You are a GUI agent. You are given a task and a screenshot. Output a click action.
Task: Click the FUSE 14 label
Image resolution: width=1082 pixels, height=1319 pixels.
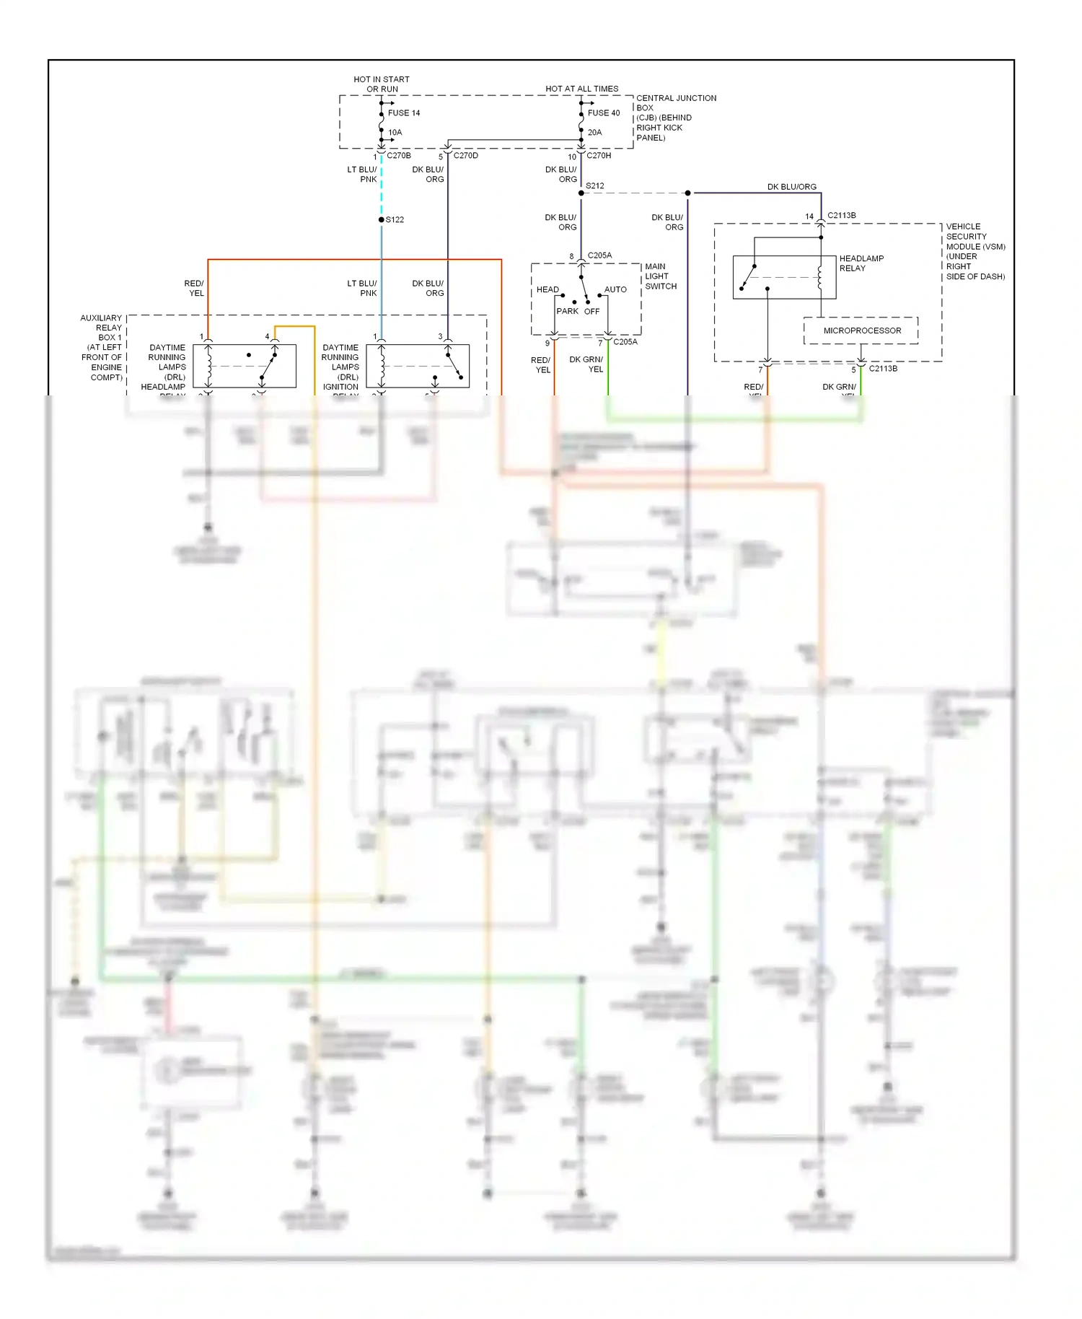tap(403, 113)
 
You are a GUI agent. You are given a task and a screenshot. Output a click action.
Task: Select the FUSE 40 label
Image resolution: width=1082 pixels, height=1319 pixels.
tap(603, 113)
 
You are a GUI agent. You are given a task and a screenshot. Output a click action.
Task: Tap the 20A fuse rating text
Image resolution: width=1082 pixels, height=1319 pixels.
tap(594, 133)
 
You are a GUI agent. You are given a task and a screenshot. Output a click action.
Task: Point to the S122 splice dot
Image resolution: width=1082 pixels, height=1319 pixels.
tap(382, 219)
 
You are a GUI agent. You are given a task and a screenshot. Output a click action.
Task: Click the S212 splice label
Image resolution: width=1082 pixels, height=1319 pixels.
tap(594, 186)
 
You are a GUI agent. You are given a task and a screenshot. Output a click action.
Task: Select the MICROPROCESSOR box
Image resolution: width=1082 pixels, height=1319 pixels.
tap(861, 330)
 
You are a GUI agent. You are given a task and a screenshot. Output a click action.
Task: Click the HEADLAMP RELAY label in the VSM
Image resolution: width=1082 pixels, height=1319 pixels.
tap(861, 263)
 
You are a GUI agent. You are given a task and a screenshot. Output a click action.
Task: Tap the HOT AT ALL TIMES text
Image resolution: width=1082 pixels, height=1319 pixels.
tap(581, 89)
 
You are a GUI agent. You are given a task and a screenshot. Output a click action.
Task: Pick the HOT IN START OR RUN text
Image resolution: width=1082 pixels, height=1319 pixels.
tap(382, 84)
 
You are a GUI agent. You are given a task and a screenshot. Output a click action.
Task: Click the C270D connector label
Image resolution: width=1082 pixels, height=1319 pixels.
tap(465, 156)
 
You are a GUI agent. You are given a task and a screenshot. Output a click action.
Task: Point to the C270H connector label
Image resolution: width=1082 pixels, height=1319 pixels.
tap(598, 156)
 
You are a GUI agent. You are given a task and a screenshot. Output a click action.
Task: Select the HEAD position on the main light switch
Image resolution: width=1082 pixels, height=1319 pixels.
tap(547, 290)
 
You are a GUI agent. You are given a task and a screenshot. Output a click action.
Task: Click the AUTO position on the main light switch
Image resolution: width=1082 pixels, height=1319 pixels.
tap(615, 290)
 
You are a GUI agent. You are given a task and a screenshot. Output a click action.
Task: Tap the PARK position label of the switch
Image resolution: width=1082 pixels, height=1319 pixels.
tap(567, 312)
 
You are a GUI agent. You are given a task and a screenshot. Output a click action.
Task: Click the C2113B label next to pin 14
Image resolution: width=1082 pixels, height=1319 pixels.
tap(841, 216)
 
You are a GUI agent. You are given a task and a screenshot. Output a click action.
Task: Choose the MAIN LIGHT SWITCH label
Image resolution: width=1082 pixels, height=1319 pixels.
tap(660, 276)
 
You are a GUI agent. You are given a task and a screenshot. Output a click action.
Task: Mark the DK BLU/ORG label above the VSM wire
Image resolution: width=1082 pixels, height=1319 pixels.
tap(791, 187)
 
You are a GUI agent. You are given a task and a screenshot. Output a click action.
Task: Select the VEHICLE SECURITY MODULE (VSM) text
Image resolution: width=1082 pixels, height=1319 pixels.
tap(975, 251)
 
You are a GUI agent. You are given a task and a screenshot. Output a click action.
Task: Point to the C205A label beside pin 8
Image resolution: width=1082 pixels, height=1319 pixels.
tap(599, 255)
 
